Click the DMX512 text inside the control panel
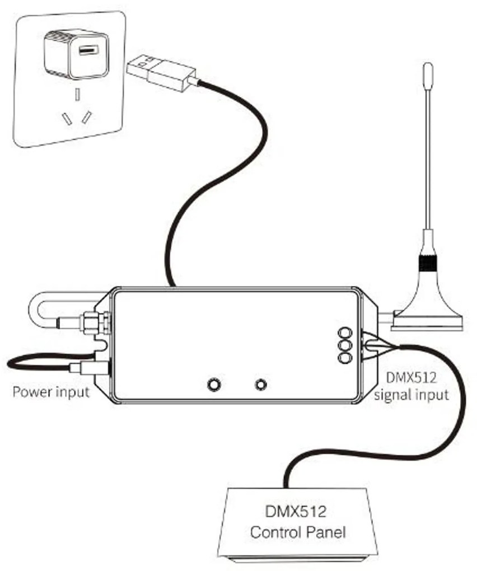[296, 512]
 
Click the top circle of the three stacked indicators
[345, 333]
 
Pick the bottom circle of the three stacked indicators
[345, 358]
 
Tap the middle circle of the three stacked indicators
[345, 345]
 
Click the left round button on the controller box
[213, 384]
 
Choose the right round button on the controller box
[261, 384]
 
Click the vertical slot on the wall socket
[77, 94]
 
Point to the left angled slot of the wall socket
[66, 119]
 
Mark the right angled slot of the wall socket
[87, 117]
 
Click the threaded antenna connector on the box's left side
[96, 322]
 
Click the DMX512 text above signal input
[411, 378]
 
